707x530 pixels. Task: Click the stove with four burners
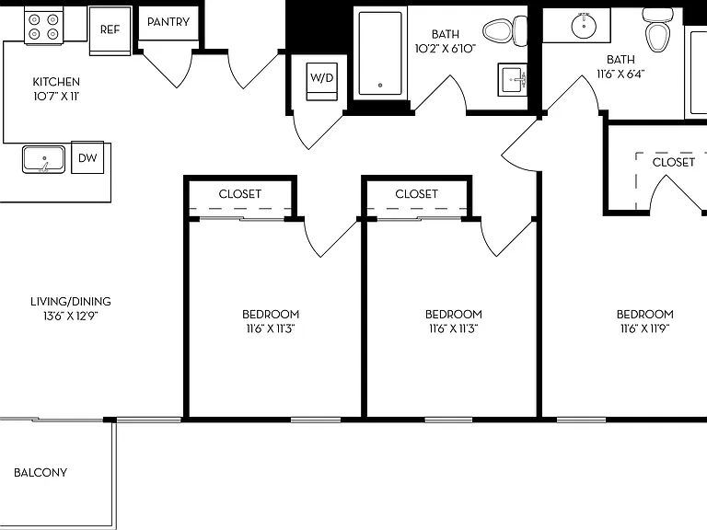point(44,26)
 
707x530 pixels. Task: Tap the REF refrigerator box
point(110,30)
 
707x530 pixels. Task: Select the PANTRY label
point(168,22)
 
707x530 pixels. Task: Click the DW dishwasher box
point(87,157)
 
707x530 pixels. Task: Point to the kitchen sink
point(43,159)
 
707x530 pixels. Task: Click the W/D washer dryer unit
point(322,82)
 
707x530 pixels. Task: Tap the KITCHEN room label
point(56,82)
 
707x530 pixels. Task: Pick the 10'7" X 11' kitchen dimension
point(56,96)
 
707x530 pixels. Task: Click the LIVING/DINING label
point(71,301)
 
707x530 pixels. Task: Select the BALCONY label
point(41,472)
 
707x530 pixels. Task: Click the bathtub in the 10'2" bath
point(380,53)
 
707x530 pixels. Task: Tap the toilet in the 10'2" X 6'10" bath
point(505,31)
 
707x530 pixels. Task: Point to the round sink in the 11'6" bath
point(584,26)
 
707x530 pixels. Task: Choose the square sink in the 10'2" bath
point(513,80)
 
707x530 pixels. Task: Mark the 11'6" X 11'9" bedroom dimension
point(644,328)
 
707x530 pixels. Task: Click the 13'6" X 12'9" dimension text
point(71,316)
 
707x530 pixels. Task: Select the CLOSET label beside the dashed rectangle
point(674,162)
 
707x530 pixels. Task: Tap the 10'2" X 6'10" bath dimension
point(446,49)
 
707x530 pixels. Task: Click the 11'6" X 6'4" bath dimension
point(620,74)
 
